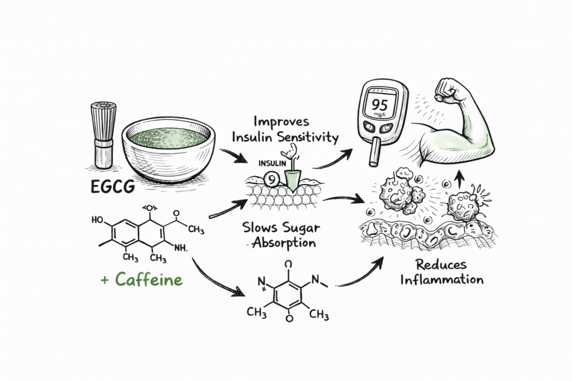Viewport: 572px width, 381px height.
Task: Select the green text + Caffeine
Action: point(142,279)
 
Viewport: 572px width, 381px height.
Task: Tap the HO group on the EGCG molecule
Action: point(97,220)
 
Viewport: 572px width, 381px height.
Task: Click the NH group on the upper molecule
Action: point(183,247)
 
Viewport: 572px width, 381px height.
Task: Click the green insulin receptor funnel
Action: point(292,177)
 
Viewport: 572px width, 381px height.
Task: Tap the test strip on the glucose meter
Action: point(376,151)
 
